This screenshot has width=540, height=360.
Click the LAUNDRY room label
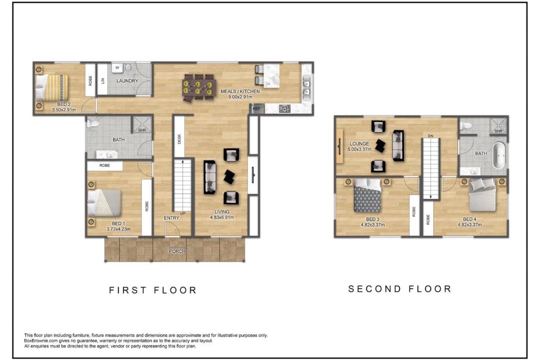tap(127, 81)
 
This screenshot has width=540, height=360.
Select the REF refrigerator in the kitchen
tap(257, 108)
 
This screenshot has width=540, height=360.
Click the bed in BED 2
tap(51, 87)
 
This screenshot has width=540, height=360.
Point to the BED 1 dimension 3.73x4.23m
tap(119, 228)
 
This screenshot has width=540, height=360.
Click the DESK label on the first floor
tap(179, 139)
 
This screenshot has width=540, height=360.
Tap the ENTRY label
tap(171, 217)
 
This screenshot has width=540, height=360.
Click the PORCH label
tap(177, 251)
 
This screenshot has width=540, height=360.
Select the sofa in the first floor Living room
tap(209, 177)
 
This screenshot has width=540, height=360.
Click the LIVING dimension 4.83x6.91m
tap(222, 217)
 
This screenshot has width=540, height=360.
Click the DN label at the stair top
tap(430, 136)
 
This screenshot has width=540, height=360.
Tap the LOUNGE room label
tap(359, 143)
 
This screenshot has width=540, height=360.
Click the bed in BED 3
tap(367, 195)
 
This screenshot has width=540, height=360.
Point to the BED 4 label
tap(469, 219)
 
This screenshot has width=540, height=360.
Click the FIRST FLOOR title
tap(153, 290)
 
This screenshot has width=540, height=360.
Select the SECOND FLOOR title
tap(399, 288)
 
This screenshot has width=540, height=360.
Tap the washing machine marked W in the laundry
tap(117, 68)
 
